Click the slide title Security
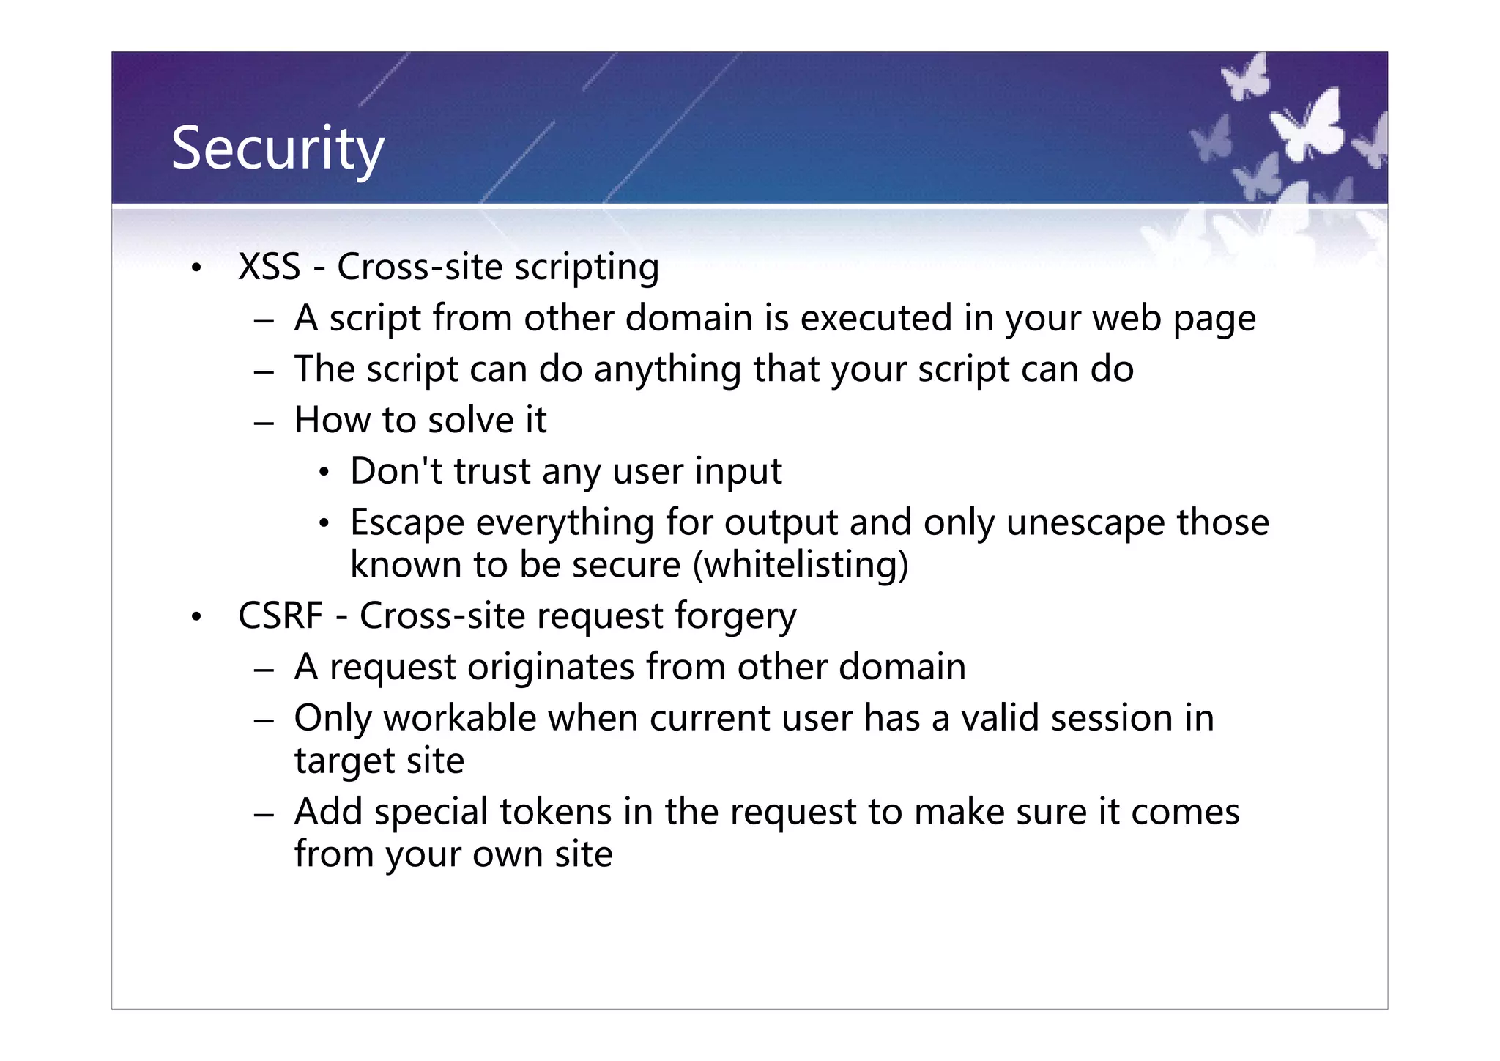pyautogui.click(x=277, y=149)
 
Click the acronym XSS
pyautogui.click(x=269, y=267)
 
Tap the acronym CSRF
pyautogui.click(x=280, y=615)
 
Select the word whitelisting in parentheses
pyautogui.click(x=800, y=565)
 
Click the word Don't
pyautogui.click(x=396, y=471)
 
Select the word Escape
pyautogui.click(x=407, y=523)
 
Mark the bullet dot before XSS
pyautogui.click(x=195, y=268)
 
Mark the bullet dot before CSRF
pyautogui.click(x=195, y=617)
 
